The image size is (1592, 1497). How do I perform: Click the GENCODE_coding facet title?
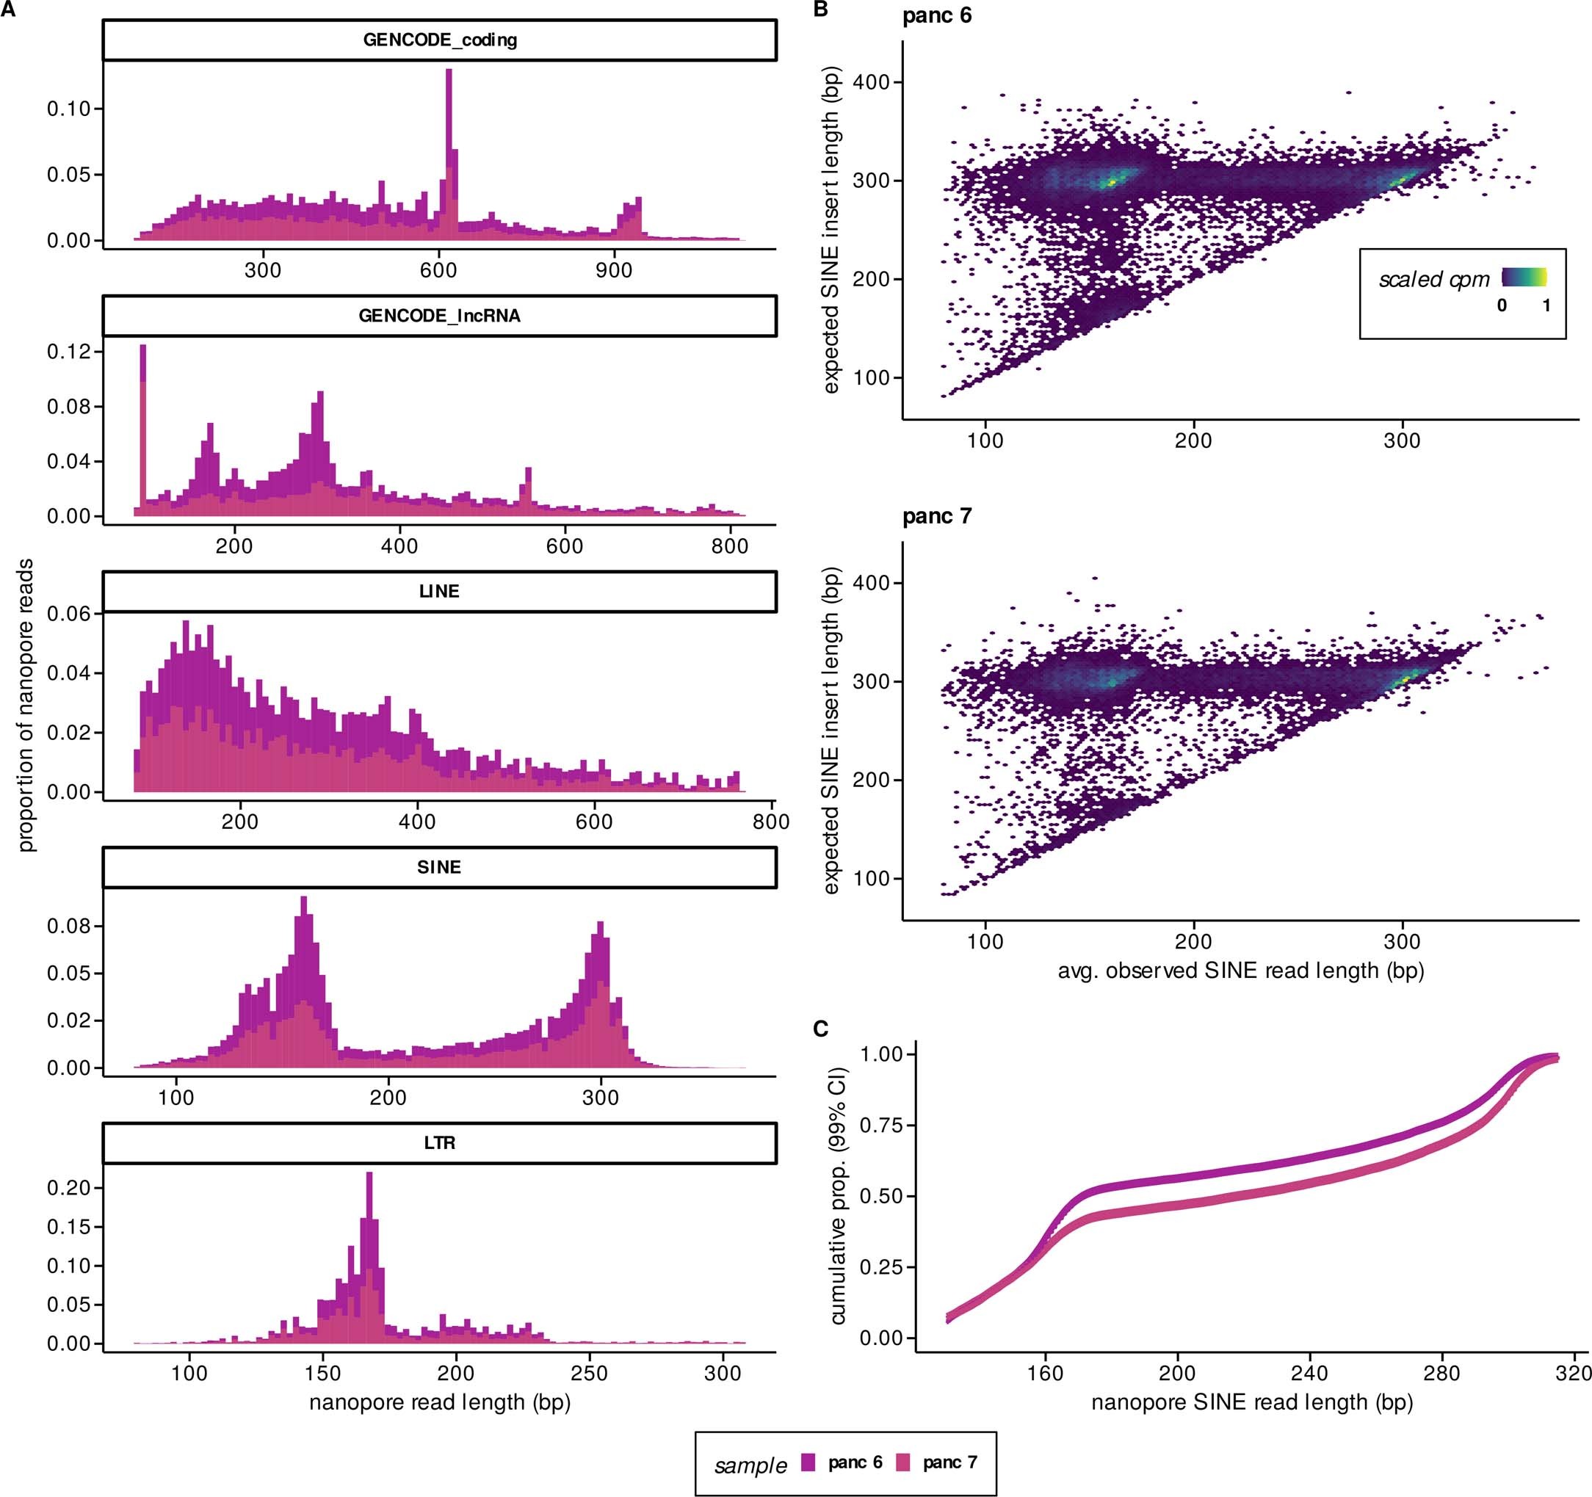[x=440, y=40]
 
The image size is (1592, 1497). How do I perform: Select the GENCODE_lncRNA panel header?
[x=440, y=316]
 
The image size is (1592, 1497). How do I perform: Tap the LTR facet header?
[x=440, y=1142]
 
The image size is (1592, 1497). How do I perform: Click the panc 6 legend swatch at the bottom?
[x=808, y=1462]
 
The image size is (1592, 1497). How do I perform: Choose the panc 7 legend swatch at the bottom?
[x=903, y=1462]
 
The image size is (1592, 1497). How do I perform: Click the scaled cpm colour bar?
[x=1524, y=277]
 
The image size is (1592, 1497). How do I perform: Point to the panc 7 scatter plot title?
[x=937, y=516]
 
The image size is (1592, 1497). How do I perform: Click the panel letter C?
[x=820, y=1029]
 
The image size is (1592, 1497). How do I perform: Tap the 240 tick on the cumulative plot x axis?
[x=1309, y=1374]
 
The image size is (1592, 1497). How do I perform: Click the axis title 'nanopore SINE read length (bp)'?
[x=1252, y=1402]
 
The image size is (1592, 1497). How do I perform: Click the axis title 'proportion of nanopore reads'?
[x=26, y=705]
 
